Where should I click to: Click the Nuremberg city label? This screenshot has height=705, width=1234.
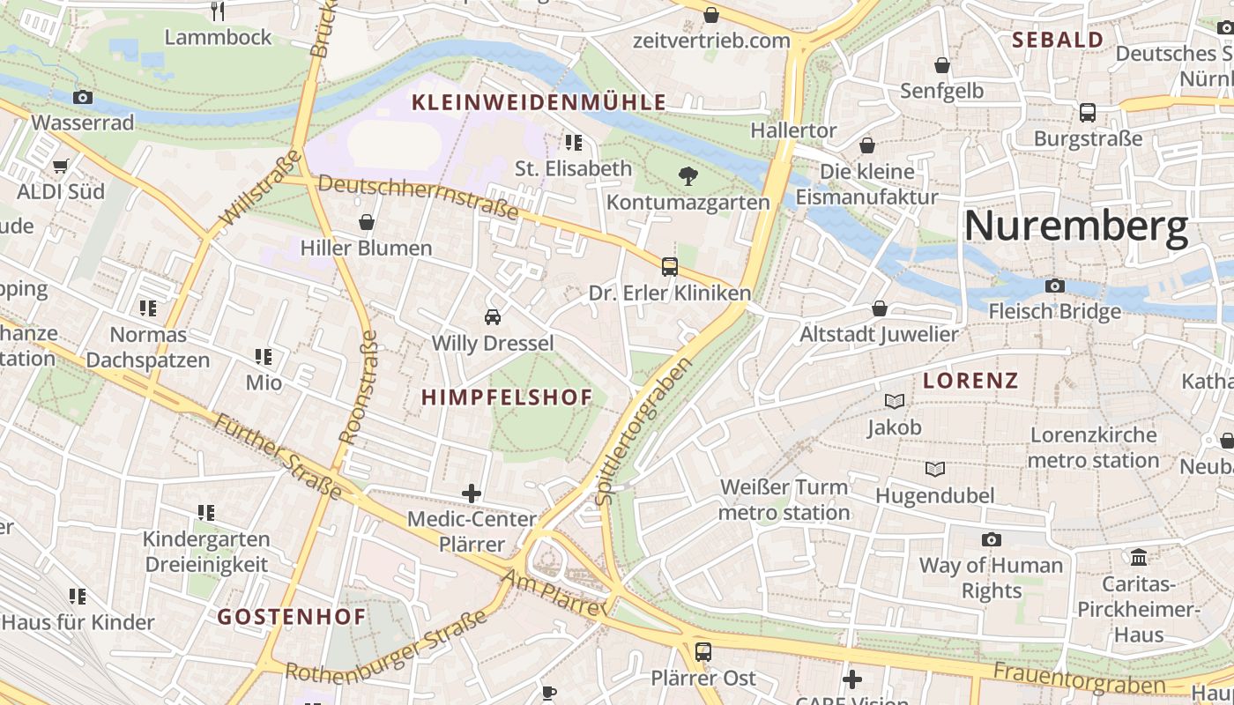tap(1075, 226)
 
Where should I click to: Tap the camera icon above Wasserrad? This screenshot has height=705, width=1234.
tap(83, 97)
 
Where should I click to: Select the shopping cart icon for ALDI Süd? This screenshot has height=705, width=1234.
tap(61, 166)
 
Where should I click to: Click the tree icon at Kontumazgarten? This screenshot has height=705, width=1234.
tap(688, 176)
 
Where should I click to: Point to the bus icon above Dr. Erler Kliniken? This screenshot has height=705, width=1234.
tap(670, 267)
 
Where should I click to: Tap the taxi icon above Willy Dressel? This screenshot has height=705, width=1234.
tap(493, 317)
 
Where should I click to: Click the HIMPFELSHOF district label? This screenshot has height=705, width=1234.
tap(507, 397)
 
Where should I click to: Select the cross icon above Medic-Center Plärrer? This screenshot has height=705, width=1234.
tap(472, 493)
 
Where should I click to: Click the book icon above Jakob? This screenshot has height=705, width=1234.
tap(895, 402)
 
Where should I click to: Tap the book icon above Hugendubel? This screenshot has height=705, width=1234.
tap(934, 470)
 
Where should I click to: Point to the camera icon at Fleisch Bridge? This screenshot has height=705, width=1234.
tap(1054, 286)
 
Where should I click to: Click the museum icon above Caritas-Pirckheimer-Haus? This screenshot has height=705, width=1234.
tap(1139, 558)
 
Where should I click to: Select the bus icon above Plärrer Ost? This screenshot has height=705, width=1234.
tap(702, 652)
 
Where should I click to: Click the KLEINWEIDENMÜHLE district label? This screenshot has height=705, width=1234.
tap(539, 103)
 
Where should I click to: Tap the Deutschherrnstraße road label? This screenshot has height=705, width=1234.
tap(418, 197)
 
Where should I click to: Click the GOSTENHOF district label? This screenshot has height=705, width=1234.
tap(292, 617)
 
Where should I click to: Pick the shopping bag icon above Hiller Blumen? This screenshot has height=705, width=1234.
tap(366, 222)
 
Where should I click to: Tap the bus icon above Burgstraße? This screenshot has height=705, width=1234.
tap(1088, 113)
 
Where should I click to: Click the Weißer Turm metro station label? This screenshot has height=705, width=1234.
tap(784, 500)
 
